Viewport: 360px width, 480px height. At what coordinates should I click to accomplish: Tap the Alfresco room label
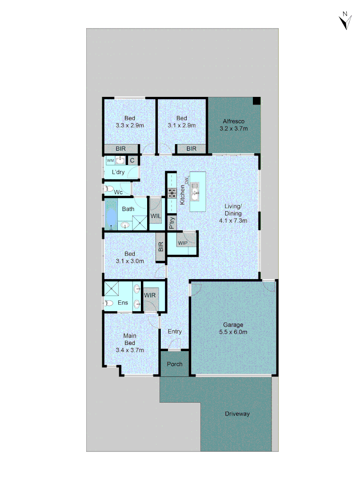point(233,121)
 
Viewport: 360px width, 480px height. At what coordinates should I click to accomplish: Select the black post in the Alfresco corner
point(256,101)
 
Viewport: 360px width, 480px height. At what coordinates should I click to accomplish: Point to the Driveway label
point(237,414)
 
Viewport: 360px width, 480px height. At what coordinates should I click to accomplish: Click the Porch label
point(175,364)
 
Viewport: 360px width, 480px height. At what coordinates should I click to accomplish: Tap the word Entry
point(175,332)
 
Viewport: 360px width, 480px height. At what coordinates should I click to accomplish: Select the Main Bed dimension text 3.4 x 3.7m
point(130,350)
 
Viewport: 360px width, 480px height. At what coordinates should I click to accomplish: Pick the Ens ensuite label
point(123,303)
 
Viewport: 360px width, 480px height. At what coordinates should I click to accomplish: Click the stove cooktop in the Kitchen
point(172,193)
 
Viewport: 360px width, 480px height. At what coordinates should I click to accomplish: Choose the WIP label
point(182,243)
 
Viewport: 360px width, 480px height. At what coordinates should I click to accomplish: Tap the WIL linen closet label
point(156,216)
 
